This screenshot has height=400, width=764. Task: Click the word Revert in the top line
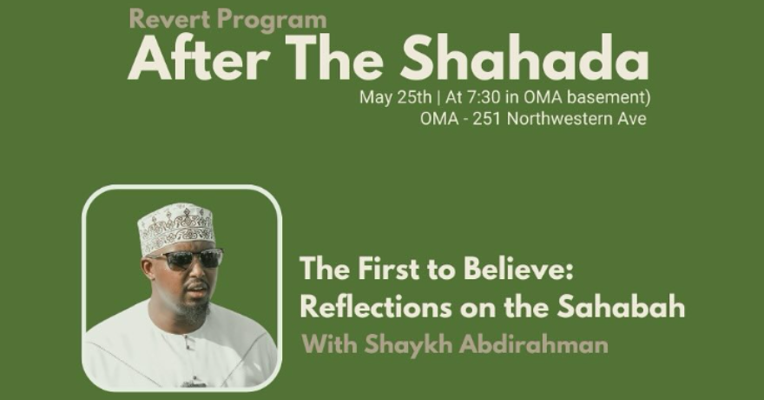click(170, 19)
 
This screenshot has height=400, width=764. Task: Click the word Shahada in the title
click(524, 58)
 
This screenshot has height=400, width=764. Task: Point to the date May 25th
click(395, 97)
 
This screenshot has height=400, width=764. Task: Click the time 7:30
click(484, 97)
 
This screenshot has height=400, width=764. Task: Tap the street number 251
click(487, 119)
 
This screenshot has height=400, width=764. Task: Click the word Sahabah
click(622, 307)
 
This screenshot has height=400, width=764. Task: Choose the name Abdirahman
click(534, 343)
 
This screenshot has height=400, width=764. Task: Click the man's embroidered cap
click(176, 226)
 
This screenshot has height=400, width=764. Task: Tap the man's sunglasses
click(188, 258)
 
